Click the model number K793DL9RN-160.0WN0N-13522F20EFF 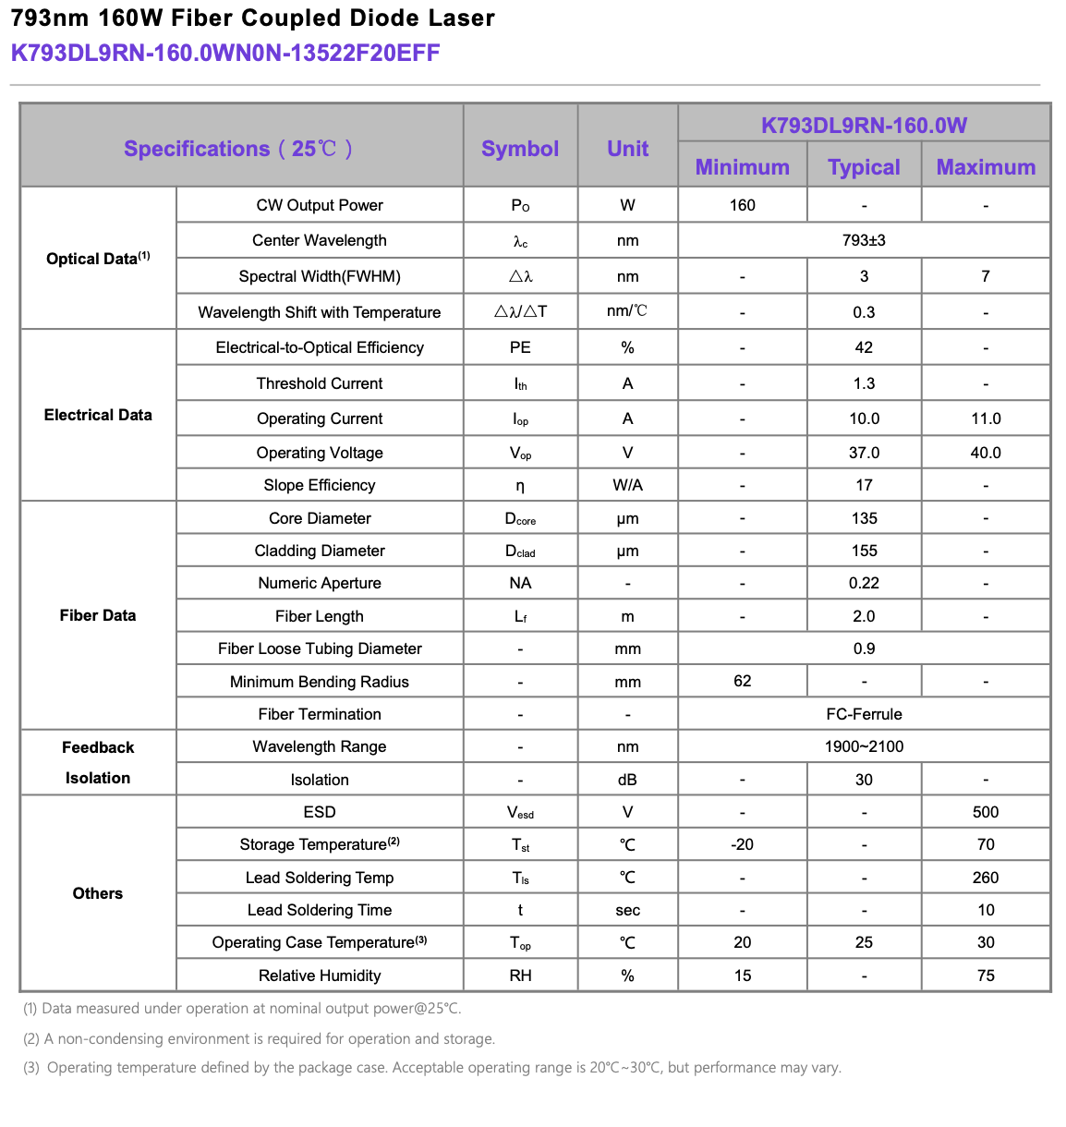[x=225, y=53]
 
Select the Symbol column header [x=520, y=149]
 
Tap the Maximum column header [x=986, y=167]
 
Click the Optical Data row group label [x=98, y=259]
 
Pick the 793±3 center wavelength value [x=864, y=240]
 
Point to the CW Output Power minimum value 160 [x=742, y=205]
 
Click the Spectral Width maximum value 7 [x=986, y=276]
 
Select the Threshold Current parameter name [x=320, y=383]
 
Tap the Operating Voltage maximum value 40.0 [x=986, y=453]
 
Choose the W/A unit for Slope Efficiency [x=627, y=485]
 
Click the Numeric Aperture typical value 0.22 [x=864, y=583]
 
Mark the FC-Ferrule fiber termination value [x=864, y=714]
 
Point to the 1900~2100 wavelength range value [x=864, y=746]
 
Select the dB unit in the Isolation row [x=627, y=780]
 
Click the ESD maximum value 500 [x=986, y=812]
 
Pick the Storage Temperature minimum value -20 [x=742, y=844]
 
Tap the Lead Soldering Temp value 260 [x=986, y=878]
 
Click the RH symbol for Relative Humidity [x=520, y=976]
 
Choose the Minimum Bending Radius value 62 [x=742, y=681]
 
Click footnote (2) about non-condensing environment [x=259, y=1038]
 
